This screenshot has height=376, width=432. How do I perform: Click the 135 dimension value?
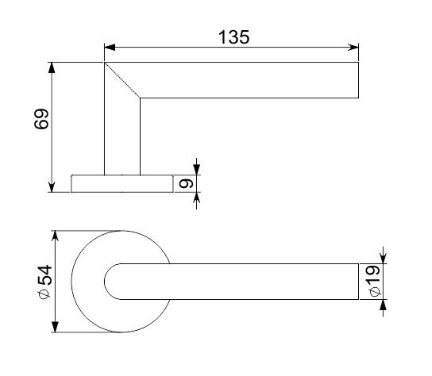234,37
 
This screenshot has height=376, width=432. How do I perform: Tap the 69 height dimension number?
41,119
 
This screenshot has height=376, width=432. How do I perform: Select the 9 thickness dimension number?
186,183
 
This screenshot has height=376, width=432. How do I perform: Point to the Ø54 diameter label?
44,282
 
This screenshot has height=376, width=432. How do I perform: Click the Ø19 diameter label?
375,281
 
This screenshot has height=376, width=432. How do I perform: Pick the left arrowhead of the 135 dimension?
110,48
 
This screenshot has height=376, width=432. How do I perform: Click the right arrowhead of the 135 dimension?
353,48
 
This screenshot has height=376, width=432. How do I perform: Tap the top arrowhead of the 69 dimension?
52,67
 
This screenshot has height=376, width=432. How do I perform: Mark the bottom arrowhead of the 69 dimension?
52,187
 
